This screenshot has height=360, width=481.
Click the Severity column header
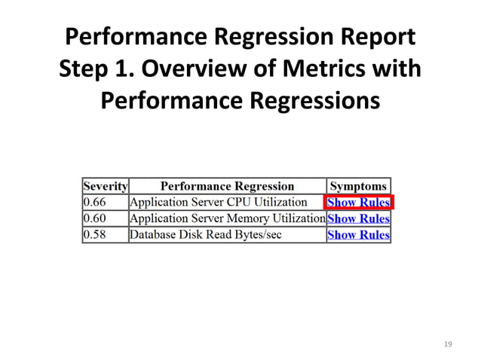[106, 186]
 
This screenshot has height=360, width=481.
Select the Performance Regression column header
[228, 186]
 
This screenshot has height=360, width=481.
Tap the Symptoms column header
[359, 186]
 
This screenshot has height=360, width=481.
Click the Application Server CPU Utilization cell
[219, 203]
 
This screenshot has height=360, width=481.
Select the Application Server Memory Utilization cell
[227, 218]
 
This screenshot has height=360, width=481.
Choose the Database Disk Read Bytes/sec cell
[205, 234]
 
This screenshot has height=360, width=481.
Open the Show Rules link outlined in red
[359, 203]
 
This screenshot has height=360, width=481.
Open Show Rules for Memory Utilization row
[359, 218]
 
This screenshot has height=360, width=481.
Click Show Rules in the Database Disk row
[359, 234]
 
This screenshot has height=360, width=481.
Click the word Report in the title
[374, 37]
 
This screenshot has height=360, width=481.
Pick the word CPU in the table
[244, 203]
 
